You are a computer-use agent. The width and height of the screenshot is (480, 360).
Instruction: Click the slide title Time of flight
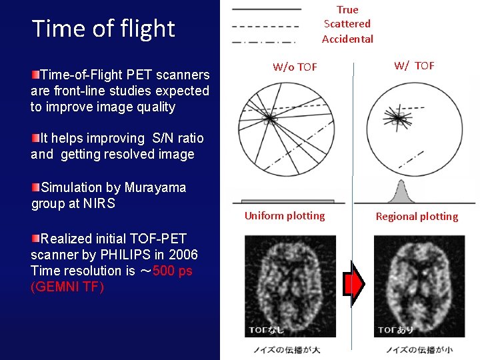click(x=103, y=29)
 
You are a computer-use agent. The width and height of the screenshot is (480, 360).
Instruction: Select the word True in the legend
click(x=347, y=10)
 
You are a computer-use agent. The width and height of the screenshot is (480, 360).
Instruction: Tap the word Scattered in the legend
click(x=347, y=24)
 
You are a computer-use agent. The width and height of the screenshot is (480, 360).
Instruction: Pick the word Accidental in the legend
click(x=347, y=39)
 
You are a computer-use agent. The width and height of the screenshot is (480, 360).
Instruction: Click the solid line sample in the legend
click(x=265, y=9)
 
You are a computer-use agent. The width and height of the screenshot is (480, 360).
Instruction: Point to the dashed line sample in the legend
click(x=265, y=26)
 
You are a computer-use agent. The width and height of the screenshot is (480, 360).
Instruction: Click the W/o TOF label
click(x=295, y=67)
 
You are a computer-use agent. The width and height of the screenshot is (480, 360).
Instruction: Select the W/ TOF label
click(x=414, y=65)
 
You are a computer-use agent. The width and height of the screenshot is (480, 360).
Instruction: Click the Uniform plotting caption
click(x=285, y=215)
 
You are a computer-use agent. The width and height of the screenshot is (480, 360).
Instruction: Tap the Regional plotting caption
click(x=417, y=216)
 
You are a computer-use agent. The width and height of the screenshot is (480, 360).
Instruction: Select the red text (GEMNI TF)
click(x=67, y=287)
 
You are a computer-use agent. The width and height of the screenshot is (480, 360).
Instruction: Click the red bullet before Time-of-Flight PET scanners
click(x=35, y=73)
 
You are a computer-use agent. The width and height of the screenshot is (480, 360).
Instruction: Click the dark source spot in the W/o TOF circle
click(x=269, y=119)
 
